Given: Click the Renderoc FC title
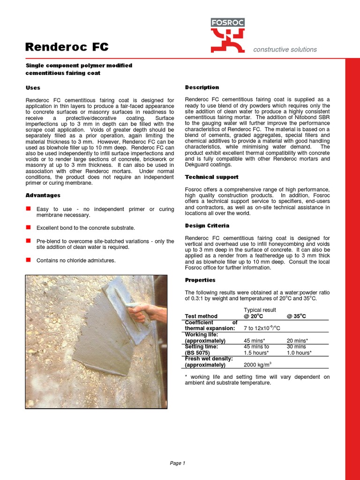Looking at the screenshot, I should (67, 47).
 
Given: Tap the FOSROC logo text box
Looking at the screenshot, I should (227, 22).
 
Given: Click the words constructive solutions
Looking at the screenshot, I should (285, 49).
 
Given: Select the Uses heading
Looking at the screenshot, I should (33, 88).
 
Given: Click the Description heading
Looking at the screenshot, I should (202, 87).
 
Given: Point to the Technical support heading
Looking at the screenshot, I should (211, 177).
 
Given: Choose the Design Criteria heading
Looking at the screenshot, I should (208, 226).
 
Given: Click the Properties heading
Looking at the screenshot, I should (200, 280).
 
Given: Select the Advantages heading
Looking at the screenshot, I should (43, 195).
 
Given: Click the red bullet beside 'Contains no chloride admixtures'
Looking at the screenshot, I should (28, 260).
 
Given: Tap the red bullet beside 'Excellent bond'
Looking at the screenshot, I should (28, 227).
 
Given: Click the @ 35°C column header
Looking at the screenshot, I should (296, 316).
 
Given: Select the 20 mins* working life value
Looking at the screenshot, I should (297, 341).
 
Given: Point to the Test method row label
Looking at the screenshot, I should (202, 316).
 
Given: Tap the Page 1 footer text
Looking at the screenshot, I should (178, 463).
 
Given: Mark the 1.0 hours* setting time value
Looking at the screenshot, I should (299, 352).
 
